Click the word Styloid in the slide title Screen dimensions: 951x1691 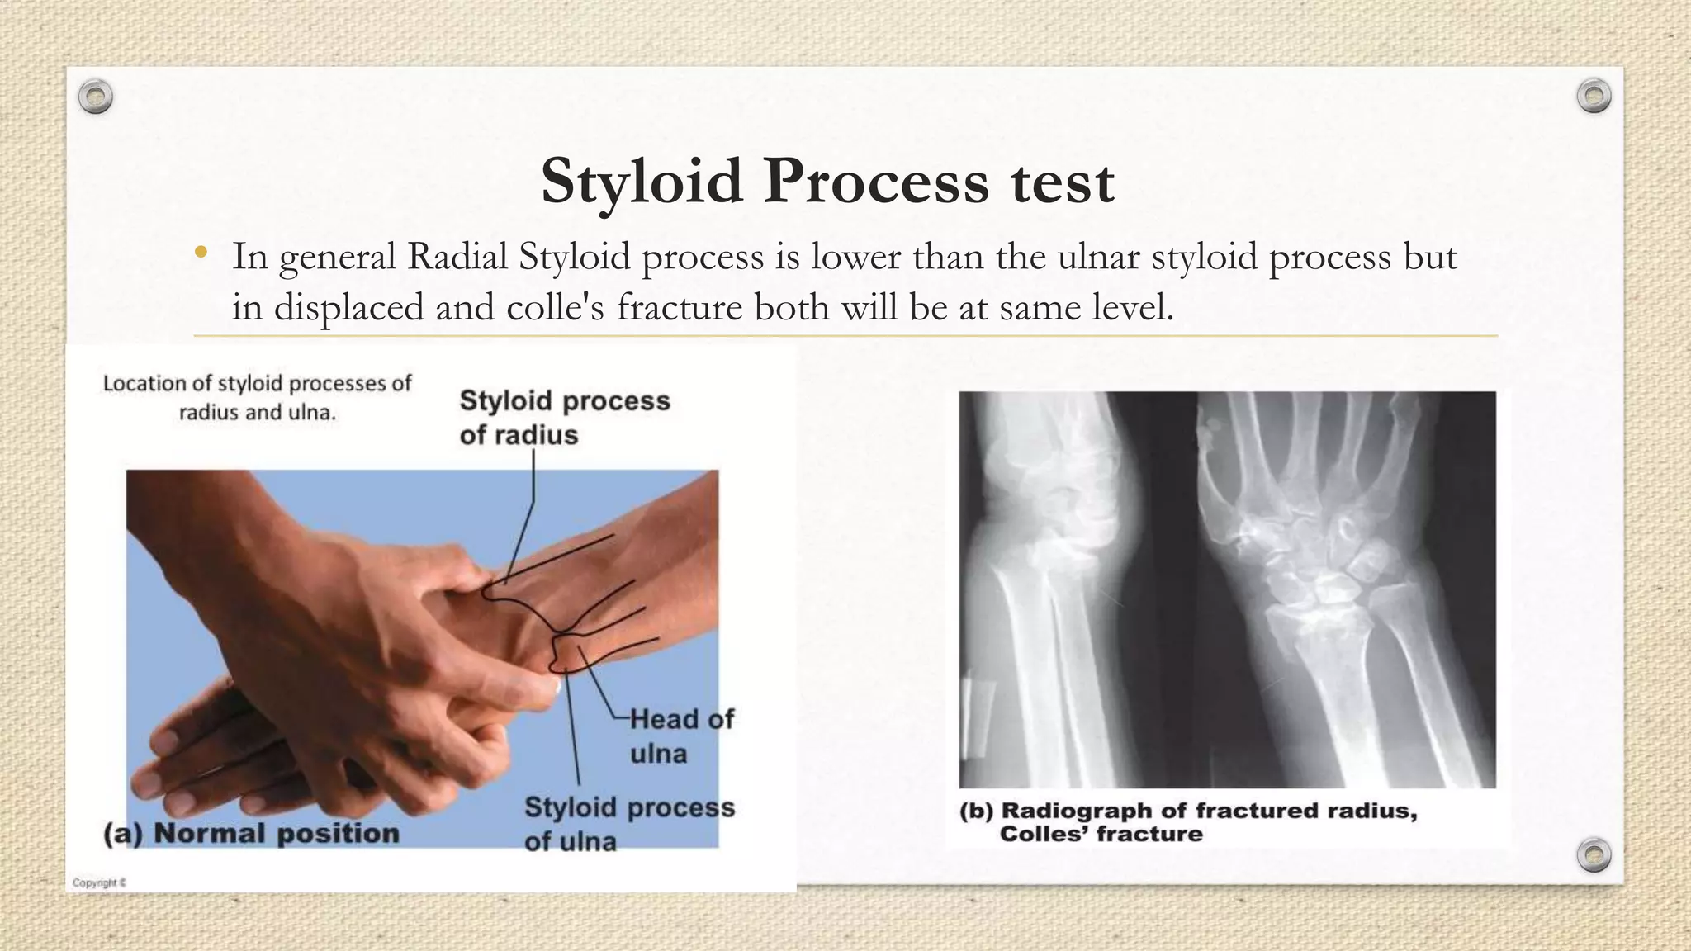tap(642, 182)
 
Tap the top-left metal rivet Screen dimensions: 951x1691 tap(96, 97)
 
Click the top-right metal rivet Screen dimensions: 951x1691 tap(1594, 97)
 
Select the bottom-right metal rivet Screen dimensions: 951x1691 tap(1594, 854)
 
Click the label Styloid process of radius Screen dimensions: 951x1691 tap(565, 417)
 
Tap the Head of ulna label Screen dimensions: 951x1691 tap(680, 736)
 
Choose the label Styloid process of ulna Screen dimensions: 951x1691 tap(628, 823)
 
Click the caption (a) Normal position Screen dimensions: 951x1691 tap(251, 833)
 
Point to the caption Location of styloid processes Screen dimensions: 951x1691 tap(257, 397)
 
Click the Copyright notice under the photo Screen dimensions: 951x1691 tap(99, 882)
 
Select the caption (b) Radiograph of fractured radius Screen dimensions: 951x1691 tap(1187, 811)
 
